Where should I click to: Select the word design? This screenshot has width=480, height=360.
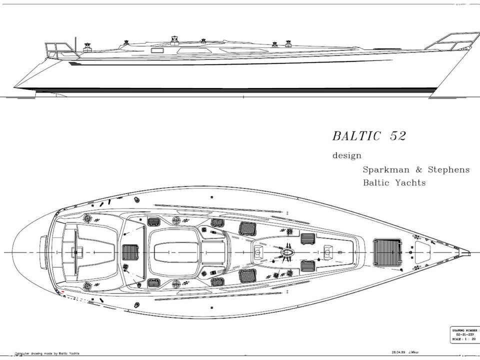[347, 155]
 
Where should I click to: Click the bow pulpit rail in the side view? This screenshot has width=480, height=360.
[445, 41]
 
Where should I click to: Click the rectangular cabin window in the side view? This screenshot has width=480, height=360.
[158, 50]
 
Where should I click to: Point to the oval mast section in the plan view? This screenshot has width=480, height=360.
[287, 252]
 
